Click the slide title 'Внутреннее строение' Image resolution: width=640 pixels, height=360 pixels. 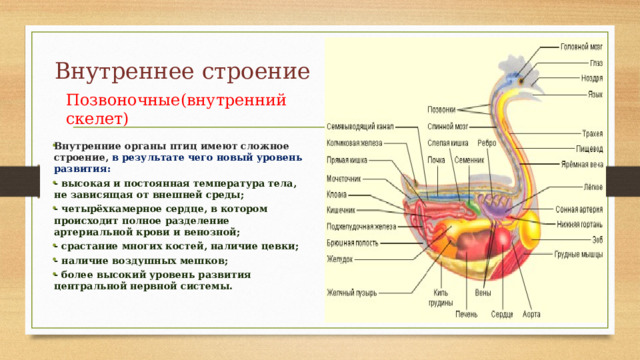point(183,72)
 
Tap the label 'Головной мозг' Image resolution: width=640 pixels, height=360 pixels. point(581,46)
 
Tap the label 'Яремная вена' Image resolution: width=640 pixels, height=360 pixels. point(583,163)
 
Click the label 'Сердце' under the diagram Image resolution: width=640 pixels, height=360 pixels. point(502,314)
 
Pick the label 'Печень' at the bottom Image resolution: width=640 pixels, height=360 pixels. point(466,314)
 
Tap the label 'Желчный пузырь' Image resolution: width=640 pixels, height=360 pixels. point(352,293)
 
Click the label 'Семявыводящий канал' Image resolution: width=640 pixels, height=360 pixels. point(362,128)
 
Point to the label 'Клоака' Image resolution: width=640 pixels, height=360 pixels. point(338,194)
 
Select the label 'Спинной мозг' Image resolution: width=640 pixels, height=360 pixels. point(448,128)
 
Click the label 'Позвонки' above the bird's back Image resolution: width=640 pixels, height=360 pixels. point(443,109)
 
